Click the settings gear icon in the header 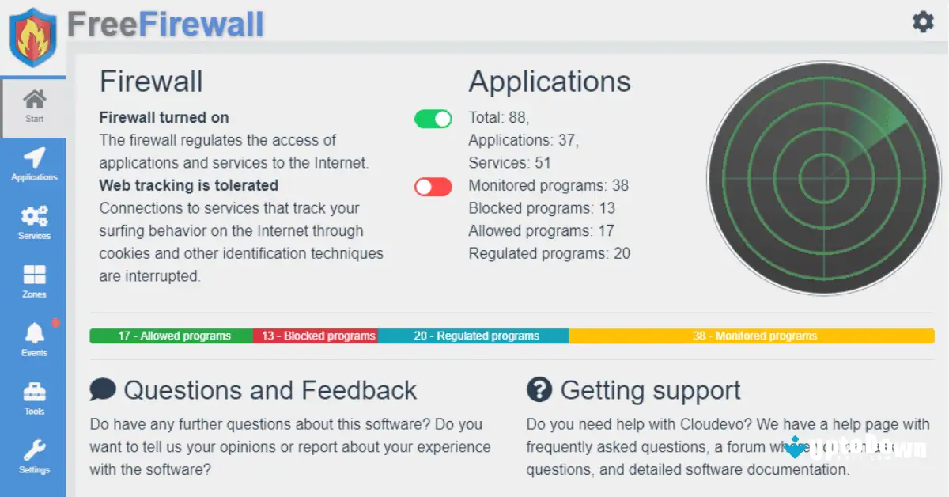tap(923, 22)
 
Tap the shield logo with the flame tap(32, 37)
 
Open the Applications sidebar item tap(34, 165)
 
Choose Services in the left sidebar tap(34, 223)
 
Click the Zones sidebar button tap(34, 282)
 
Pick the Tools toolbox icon tap(34, 399)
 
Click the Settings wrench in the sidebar tap(34, 457)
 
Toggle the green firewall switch tap(433, 119)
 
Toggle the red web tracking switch tap(433, 187)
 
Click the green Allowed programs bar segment tap(172, 336)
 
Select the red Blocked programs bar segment tap(316, 336)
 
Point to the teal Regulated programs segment tap(474, 336)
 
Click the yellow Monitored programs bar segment tap(751, 336)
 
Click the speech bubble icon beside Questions tap(103, 389)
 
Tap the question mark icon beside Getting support tap(539, 389)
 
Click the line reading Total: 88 tap(498, 118)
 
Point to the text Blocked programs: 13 tap(542, 208)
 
